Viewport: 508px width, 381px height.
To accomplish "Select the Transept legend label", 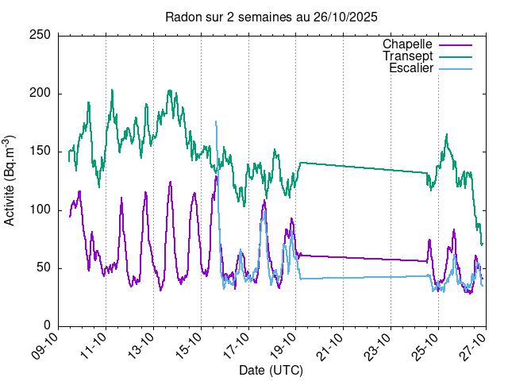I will [407, 56].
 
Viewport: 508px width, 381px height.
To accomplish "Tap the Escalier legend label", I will [411, 68].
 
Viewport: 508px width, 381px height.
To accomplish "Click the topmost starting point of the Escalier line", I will [215, 121].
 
